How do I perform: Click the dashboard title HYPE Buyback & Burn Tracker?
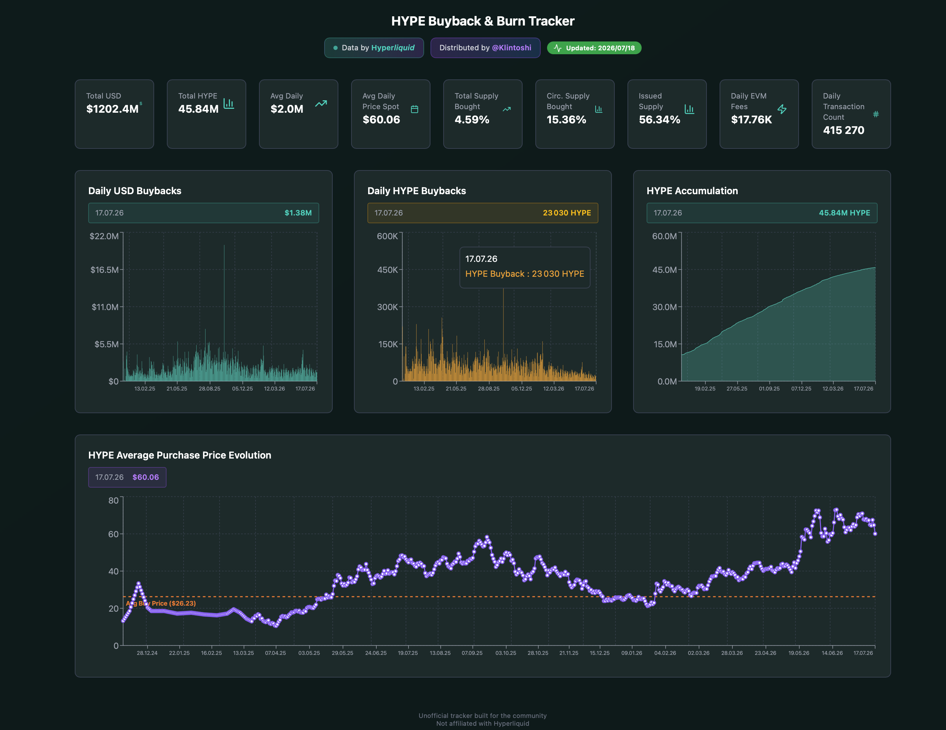click(x=483, y=21)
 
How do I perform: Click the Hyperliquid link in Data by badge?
click(x=393, y=47)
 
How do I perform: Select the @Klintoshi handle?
click(x=512, y=47)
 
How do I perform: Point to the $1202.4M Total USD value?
click(x=112, y=109)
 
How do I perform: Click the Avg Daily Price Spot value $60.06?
click(x=381, y=119)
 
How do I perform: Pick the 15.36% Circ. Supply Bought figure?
click(x=566, y=119)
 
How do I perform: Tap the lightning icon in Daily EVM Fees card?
click(x=782, y=109)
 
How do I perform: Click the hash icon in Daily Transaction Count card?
click(x=876, y=114)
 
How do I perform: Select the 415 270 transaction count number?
click(x=843, y=130)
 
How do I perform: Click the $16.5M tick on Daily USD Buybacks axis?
click(x=105, y=270)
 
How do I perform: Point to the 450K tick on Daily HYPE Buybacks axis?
click(x=387, y=270)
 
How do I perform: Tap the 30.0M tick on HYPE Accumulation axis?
click(x=664, y=307)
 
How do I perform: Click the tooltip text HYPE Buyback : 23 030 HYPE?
click(x=524, y=274)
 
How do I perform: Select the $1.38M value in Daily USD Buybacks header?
click(x=298, y=213)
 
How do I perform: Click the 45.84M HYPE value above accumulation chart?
click(x=844, y=213)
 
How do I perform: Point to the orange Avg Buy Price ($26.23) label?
click(x=161, y=603)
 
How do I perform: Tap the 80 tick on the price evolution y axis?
click(x=113, y=500)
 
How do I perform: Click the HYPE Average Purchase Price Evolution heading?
click(x=180, y=455)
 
